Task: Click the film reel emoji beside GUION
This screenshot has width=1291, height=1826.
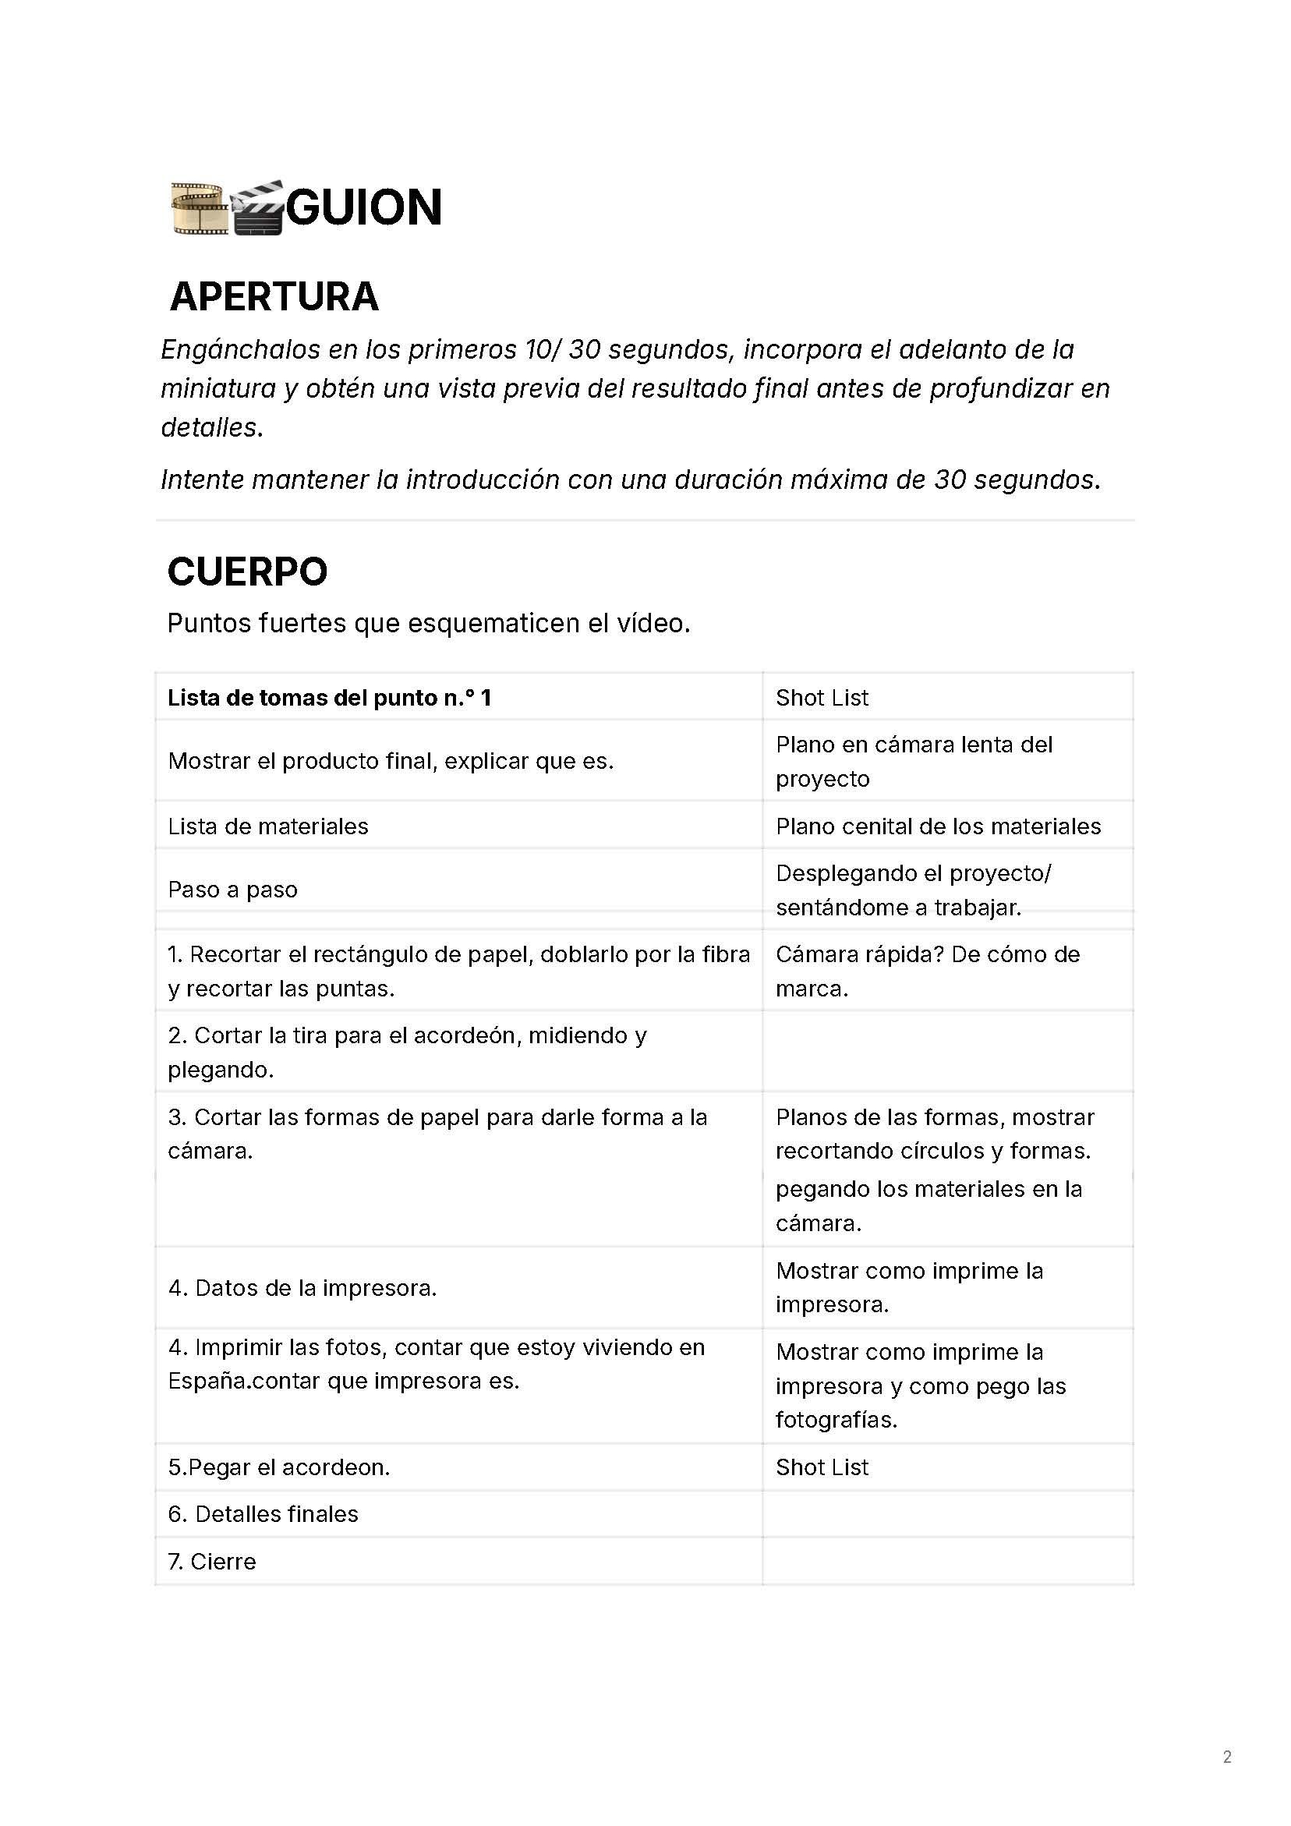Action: pos(199,208)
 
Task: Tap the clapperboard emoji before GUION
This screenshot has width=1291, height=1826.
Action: pos(257,208)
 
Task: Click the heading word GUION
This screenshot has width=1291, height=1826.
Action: pos(363,207)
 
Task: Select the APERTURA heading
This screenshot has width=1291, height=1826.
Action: pos(274,296)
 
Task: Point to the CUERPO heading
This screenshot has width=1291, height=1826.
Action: pos(246,572)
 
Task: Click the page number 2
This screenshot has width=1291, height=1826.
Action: pos(1226,1757)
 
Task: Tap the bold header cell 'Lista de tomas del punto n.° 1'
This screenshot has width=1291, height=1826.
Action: pos(329,698)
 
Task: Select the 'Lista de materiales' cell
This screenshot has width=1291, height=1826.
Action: pos(268,826)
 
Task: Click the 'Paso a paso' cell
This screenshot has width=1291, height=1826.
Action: pos(232,890)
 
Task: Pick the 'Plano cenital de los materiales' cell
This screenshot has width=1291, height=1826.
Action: pos(938,826)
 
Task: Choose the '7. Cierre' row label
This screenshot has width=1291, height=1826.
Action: pos(211,1561)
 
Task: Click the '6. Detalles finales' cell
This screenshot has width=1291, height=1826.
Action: pos(263,1513)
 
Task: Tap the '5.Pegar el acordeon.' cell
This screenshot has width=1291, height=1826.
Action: pos(278,1467)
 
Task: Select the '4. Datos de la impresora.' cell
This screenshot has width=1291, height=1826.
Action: pos(302,1287)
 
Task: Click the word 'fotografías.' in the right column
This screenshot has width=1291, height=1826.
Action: pos(836,1420)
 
